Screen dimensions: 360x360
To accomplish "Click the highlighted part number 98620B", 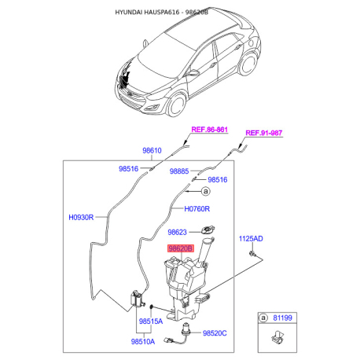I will [178, 248].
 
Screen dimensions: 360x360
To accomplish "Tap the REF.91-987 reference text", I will [264, 133].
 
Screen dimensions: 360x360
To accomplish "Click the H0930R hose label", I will [81, 217].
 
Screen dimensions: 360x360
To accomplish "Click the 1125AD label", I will [252, 237].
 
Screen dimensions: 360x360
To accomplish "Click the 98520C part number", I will [215, 334].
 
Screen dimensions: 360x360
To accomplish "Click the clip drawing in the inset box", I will [277, 340].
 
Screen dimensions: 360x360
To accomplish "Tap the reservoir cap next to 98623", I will [208, 230].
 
